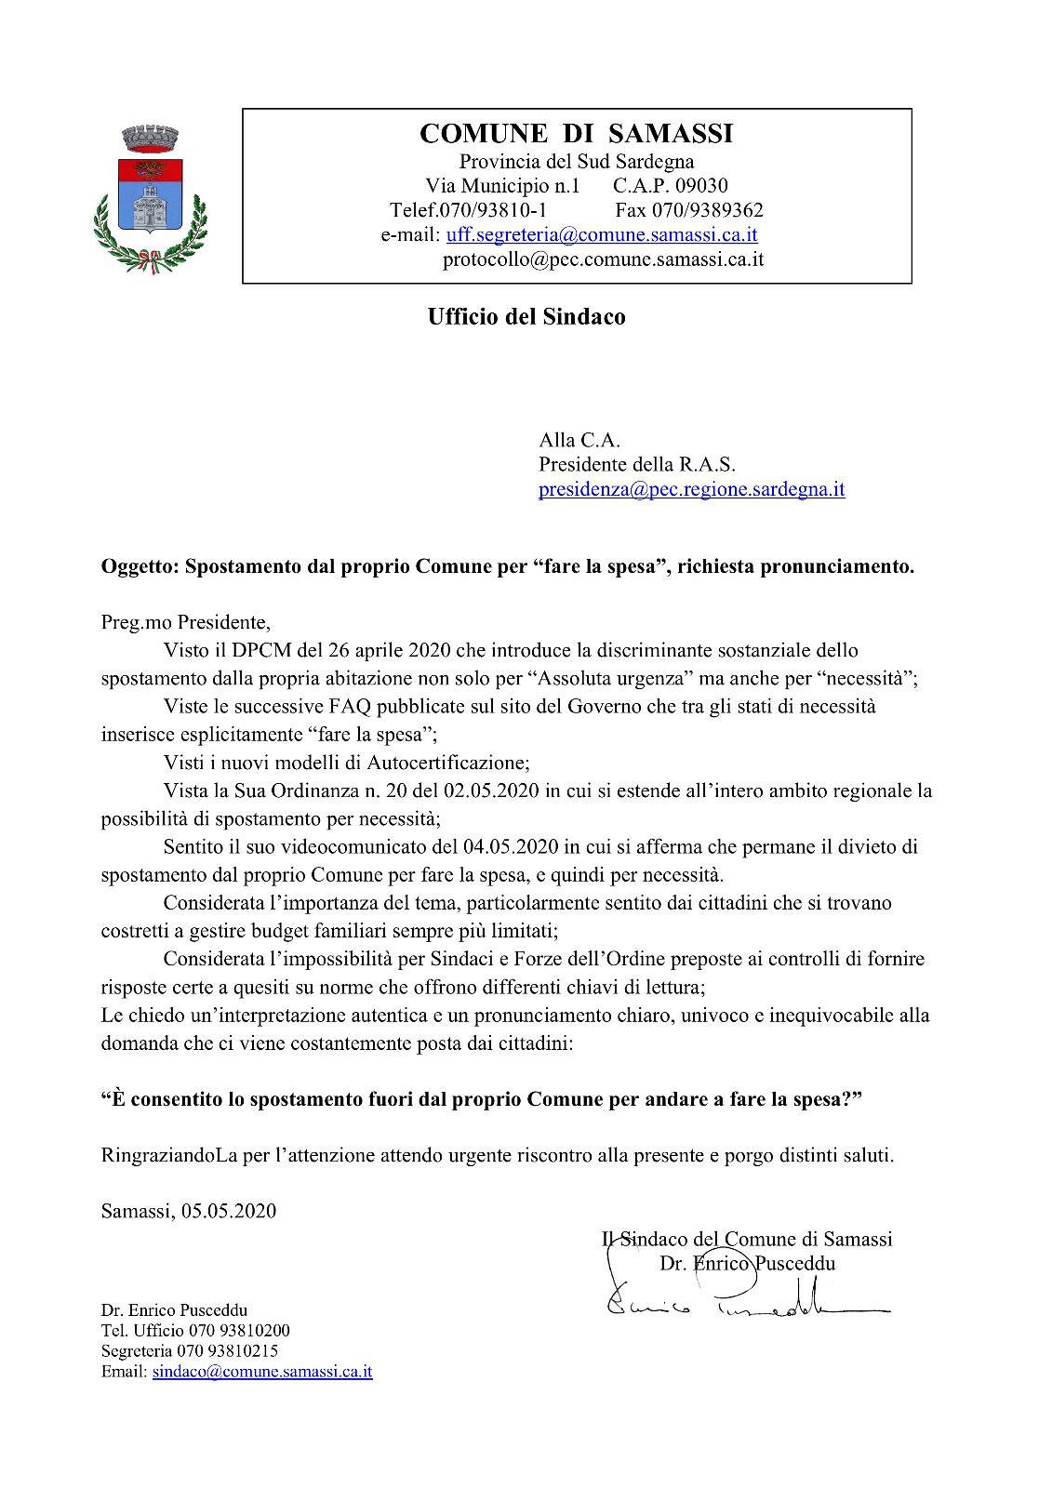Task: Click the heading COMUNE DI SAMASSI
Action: (x=576, y=134)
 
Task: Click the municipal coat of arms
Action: (x=150, y=197)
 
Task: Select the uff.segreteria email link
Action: (x=602, y=235)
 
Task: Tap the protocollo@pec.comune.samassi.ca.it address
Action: (x=603, y=259)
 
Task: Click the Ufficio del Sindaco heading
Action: (x=526, y=317)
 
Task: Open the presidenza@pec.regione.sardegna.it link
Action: (x=691, y=489)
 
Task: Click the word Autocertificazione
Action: (x=447, y=763)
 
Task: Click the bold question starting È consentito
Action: (x=482, y=1099)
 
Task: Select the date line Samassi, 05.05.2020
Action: (x=188, y=1211)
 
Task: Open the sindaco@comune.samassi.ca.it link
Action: (x=262, y=1372)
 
